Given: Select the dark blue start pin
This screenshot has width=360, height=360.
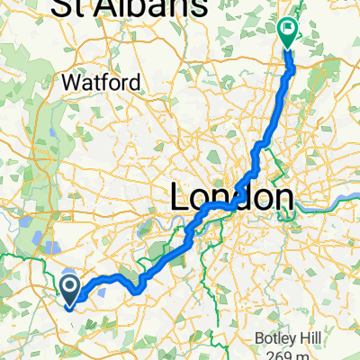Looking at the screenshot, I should point(70,288).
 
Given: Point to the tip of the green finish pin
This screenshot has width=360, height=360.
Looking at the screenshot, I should point(288,46).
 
